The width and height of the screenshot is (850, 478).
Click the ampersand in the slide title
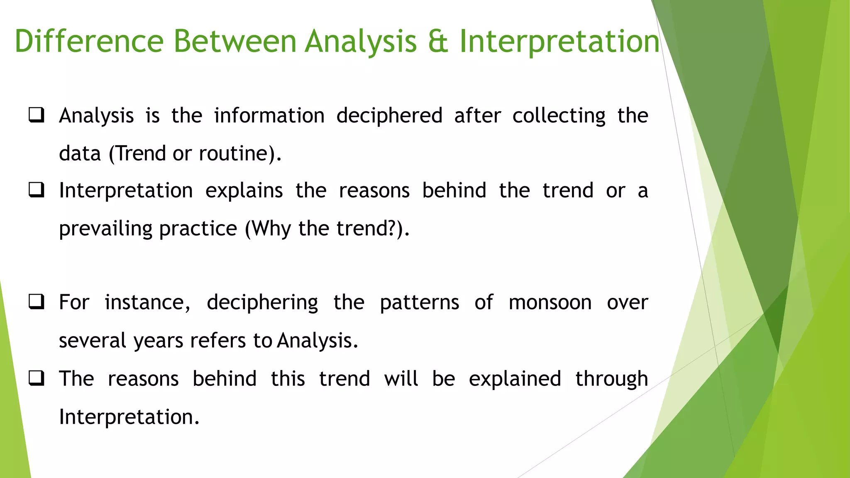(438, 41)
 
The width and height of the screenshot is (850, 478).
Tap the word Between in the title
(234, 41)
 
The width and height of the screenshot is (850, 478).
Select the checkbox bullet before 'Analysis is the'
(37, 115)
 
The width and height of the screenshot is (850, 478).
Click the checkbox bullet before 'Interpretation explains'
(37, 190)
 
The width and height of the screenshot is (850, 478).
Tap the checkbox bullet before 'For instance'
(37, 302)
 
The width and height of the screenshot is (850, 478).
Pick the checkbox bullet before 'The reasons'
(37, 378)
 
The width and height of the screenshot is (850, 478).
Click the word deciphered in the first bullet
(389, 115)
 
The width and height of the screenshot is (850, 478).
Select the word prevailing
(106, 229)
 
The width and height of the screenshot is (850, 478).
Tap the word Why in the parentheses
(271, 229)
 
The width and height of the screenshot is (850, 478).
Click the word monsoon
(550, 302)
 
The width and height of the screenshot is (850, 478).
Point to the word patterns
(419, 302)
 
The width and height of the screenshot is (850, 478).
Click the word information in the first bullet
(269, 115)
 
